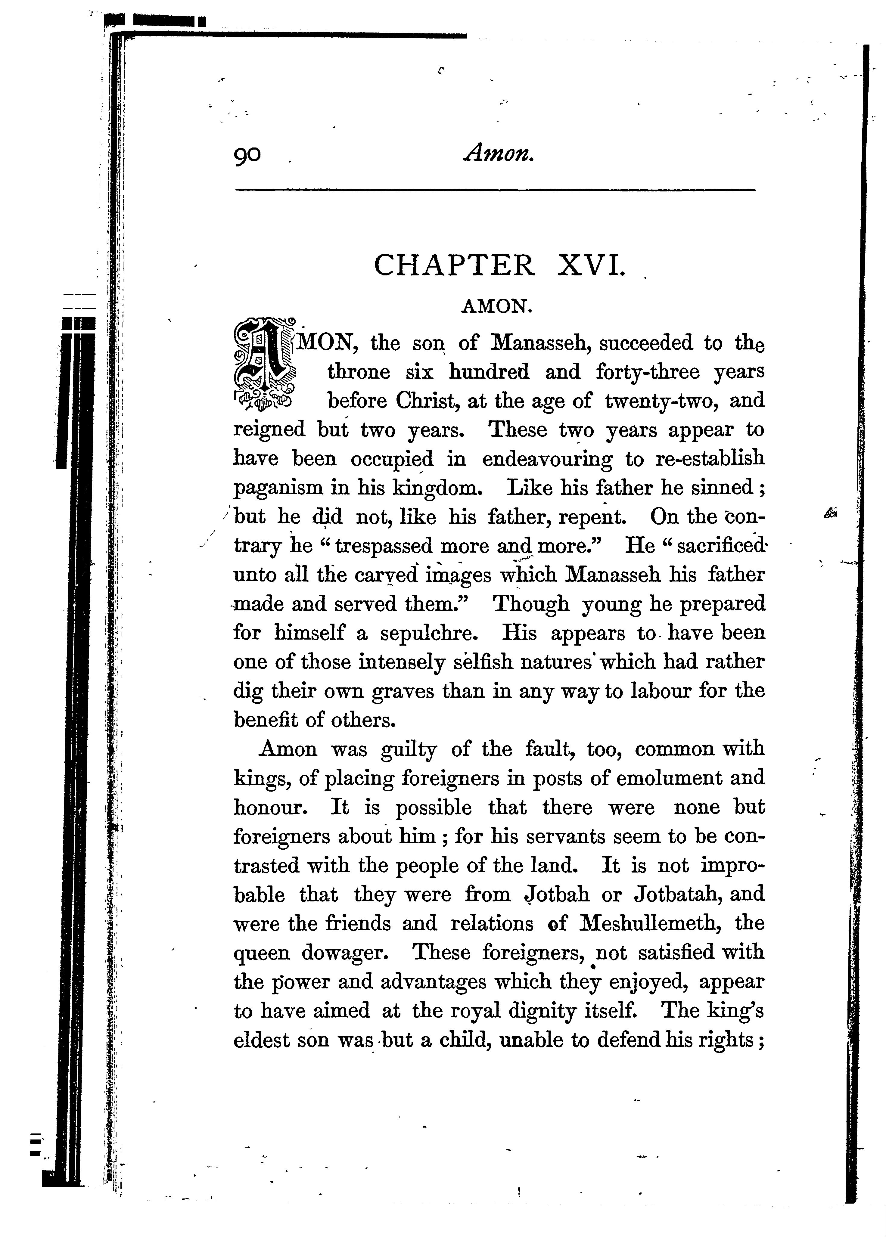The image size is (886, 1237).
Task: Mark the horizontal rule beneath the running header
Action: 495,190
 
